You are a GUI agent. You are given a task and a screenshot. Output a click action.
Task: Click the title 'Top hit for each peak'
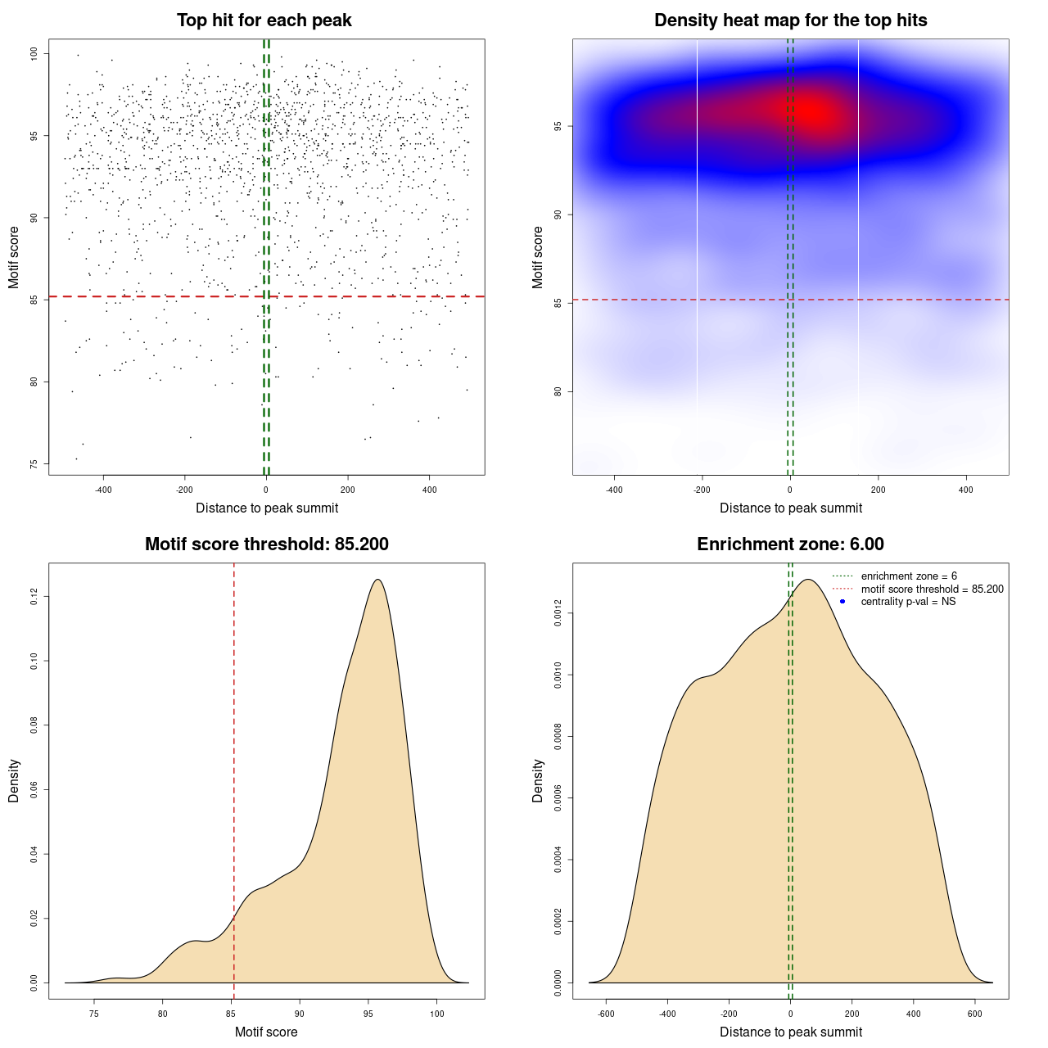[x=264, y=20]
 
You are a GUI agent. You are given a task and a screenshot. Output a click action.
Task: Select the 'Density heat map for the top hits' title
[x=790, y=20]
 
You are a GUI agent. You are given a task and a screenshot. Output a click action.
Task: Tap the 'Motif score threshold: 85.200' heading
[x=266, y=544]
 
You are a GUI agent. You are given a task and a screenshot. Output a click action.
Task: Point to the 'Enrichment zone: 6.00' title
[x=790, y=544]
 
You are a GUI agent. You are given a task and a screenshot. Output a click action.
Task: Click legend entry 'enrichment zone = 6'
[x=909, y=576]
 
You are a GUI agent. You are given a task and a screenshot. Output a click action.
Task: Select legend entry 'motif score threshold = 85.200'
[x=932, y=589]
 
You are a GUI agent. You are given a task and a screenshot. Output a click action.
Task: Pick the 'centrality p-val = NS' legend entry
[x=908, y=602]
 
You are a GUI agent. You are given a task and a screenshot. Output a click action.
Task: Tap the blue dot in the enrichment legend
[x=842, y=602]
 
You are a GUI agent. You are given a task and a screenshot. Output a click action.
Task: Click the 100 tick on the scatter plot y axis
[x=34, y=53]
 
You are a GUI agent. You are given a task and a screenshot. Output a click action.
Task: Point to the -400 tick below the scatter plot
[x=103, y=490]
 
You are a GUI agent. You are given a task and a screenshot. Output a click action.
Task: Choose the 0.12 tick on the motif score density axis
[x=34, y=597]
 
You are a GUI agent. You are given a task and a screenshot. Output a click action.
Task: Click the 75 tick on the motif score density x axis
[x=94, y=1014]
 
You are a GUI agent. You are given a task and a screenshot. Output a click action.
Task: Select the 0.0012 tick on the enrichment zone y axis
[x=558, y=613]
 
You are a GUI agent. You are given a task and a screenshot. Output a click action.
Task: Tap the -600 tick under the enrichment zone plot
[x=606, y=1014]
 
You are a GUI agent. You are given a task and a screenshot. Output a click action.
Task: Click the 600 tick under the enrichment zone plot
[x=975, y=1014]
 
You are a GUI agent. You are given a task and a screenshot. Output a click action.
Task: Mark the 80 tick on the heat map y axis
[x=558, y=391]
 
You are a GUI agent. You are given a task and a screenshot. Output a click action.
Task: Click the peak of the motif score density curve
[x=377, y=580]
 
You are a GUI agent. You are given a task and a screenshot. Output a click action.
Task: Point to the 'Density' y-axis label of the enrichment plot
[x=538, y=780]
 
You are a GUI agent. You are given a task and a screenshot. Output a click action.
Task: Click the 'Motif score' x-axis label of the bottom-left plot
[x=266, y=1032]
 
